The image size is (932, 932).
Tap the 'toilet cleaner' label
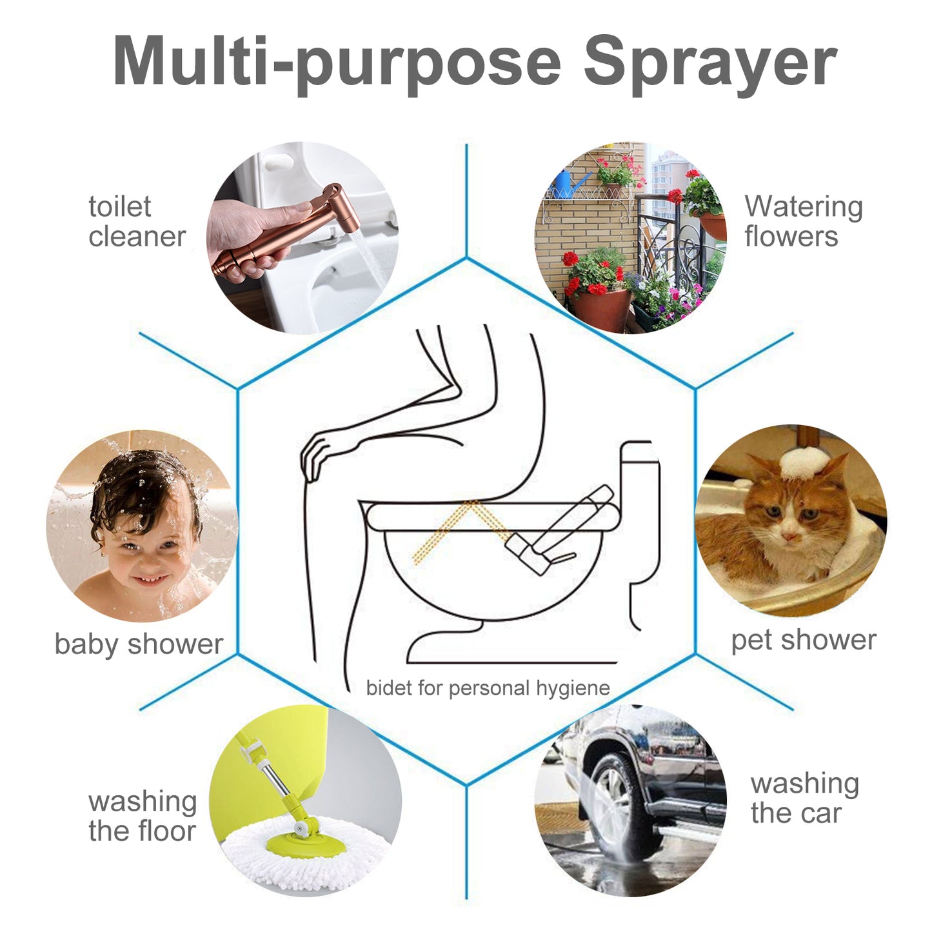pyautogui.click(x=137, y=221)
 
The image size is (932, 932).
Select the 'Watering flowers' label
pyautogui.click(x=802, y=221)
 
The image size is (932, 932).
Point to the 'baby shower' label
pyautogui.click(x=139, y=644)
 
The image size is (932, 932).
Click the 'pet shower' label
pyautogui.click(x=803, y=640)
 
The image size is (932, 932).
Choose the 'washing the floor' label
pyautogui.click(x=142, y=816)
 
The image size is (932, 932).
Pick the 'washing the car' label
pyautogui.click(x=804, y=798)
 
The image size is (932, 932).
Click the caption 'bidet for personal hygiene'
pyautogui.click(x=488, y=688)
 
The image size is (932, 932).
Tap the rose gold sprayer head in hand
pyautogui.click(x=339, y=210)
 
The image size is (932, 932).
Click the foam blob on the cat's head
pyautogui.click(x=799, y=462)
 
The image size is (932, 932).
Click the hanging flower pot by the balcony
pyautogui.click(x=709, y=223)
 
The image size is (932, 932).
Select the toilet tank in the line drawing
pyautogui.click(x=639, y=477)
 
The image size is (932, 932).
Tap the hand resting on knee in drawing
pyautogui.click(x=316, y=455)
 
